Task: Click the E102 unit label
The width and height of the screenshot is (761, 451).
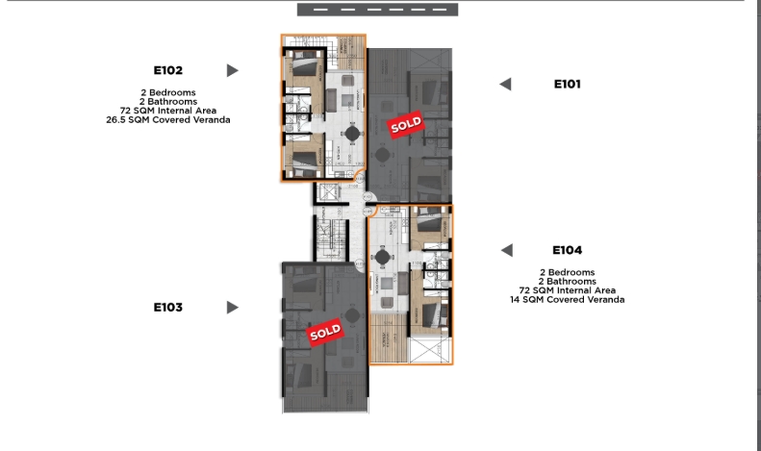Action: pyautogui.click(x=167, y=70)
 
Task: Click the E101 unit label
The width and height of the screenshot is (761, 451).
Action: pyautogui.click(x=567, y=85)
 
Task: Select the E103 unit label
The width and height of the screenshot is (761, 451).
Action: pyautogui.click(x=167, y=308)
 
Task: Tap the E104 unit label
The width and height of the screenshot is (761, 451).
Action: pyautogui.click(x=567, y=250)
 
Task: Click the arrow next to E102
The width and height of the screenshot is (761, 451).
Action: pyautogui.click(x=232, y=70)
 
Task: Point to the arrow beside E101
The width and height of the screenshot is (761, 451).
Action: pyautogui.click(x=505, y=85)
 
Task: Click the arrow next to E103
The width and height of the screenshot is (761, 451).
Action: pyautogui.click(x=232, y=308)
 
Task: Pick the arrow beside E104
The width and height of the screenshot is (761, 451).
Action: pyautogui.click(x=505, y=250)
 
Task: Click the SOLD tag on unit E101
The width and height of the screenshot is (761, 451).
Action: pyautogui.click(x=404, y=123)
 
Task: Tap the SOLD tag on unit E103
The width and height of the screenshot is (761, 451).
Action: pyautogui.click(x=325, y=333)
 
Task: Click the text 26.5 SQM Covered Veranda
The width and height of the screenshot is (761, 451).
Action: pyautogui.click(x=168, y=121)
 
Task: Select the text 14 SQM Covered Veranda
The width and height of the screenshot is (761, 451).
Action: pyautogui.click(x=567, y=300)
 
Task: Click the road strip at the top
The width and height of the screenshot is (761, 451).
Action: pyautogui.click(x=377, y=10)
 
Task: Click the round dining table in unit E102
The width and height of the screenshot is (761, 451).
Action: pyautogui.click(x=351, y=133)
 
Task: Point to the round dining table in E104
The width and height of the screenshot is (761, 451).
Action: pyautogui.click(x=385, y=256)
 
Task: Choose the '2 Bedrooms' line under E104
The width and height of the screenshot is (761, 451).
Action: pyautogui.click(x=567, y=272)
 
